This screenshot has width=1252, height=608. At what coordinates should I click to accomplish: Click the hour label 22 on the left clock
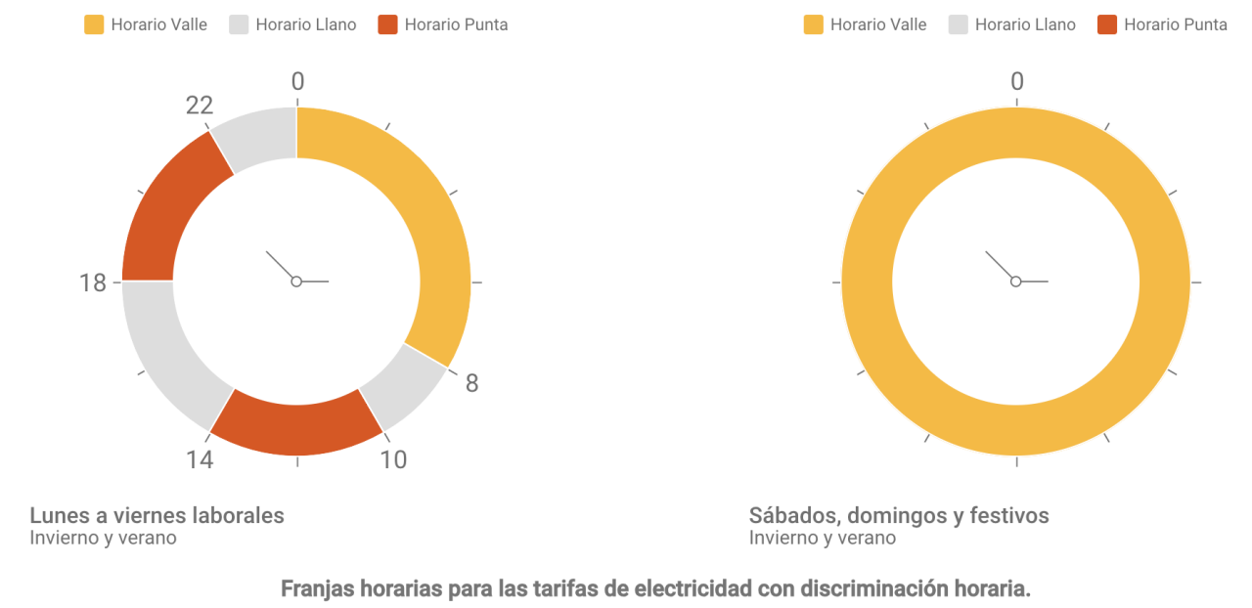coord(200,106)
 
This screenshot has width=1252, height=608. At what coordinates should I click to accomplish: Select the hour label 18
coord(93,283)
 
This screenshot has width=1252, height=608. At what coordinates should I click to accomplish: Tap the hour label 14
coord(200,459)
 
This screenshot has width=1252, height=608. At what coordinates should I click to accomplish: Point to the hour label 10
coord(393,459)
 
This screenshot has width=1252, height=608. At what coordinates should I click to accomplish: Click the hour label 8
coord(471,383)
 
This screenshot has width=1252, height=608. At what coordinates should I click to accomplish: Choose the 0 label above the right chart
coord(1016,82)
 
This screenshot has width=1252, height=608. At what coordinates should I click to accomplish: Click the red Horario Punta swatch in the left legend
coord(387,25)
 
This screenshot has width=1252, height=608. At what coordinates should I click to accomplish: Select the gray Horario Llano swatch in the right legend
coord(959,25)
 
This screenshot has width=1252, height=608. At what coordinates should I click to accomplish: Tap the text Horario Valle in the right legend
coord(877,25)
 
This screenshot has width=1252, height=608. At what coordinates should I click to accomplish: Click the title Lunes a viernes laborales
coord(156,515)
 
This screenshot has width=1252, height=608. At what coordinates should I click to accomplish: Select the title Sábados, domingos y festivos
coord(898,515)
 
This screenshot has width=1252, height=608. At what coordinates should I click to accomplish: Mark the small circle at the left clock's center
coord(296,282)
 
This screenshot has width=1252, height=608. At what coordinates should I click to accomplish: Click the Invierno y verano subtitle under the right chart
coord(822,538)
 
